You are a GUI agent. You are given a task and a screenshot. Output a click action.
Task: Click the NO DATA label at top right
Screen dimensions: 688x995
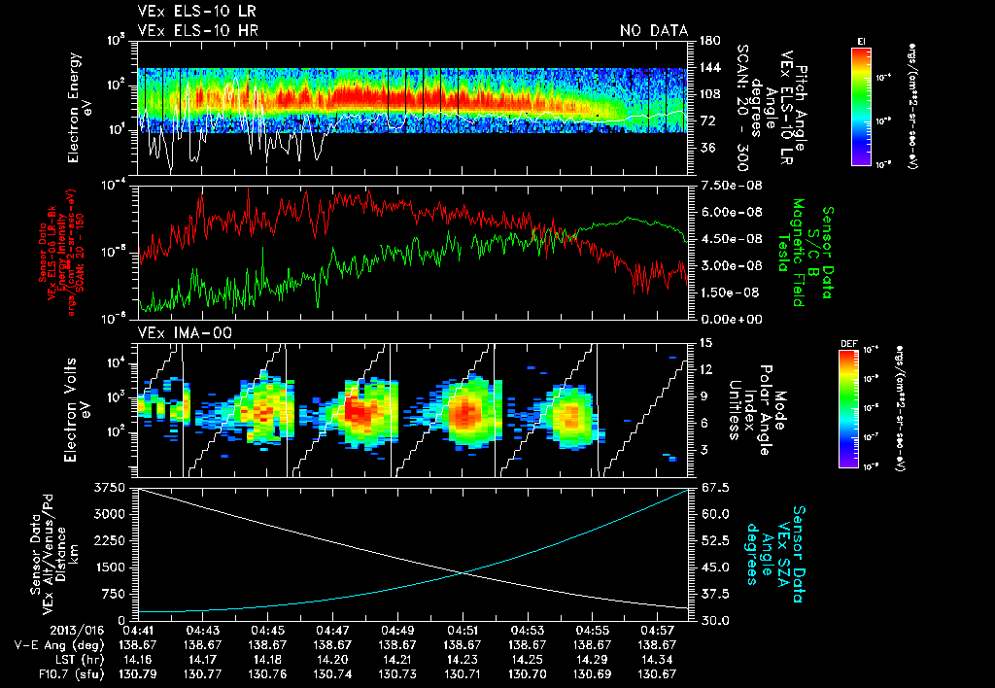pyautogui.click(x=654, y=30)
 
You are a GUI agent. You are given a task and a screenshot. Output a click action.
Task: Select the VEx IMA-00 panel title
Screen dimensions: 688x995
pyautogui.click(x=177, y=332)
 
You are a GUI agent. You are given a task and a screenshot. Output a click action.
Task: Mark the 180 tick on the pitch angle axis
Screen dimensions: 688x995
pyautogui.click(x=707, y=41)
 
